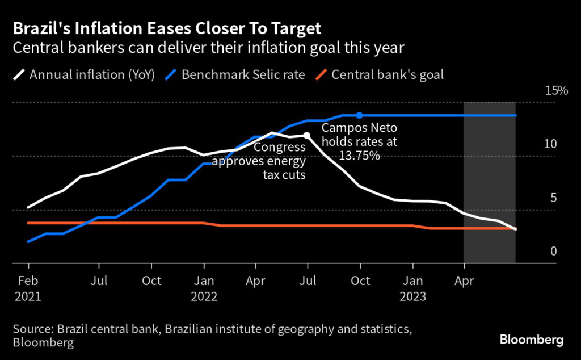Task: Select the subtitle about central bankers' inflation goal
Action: point(208,47)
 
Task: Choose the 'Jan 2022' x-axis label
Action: point(204,288)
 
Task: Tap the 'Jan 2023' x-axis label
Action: point(413,288)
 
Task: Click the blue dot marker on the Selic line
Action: point(359,115)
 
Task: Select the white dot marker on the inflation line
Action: point(307,136)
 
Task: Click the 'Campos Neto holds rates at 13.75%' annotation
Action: point(360,142)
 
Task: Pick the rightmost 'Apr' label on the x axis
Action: point(465,281)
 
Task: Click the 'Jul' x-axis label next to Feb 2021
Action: point(99,281)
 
